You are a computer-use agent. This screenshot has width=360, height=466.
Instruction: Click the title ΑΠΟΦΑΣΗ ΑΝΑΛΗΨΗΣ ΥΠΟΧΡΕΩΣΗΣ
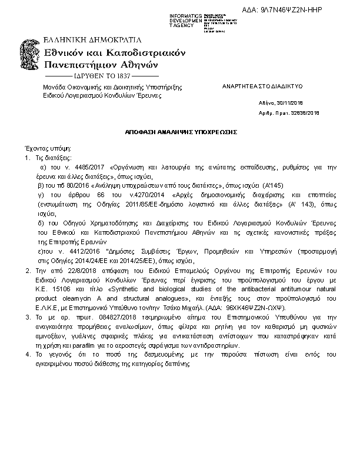point(181,133)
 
